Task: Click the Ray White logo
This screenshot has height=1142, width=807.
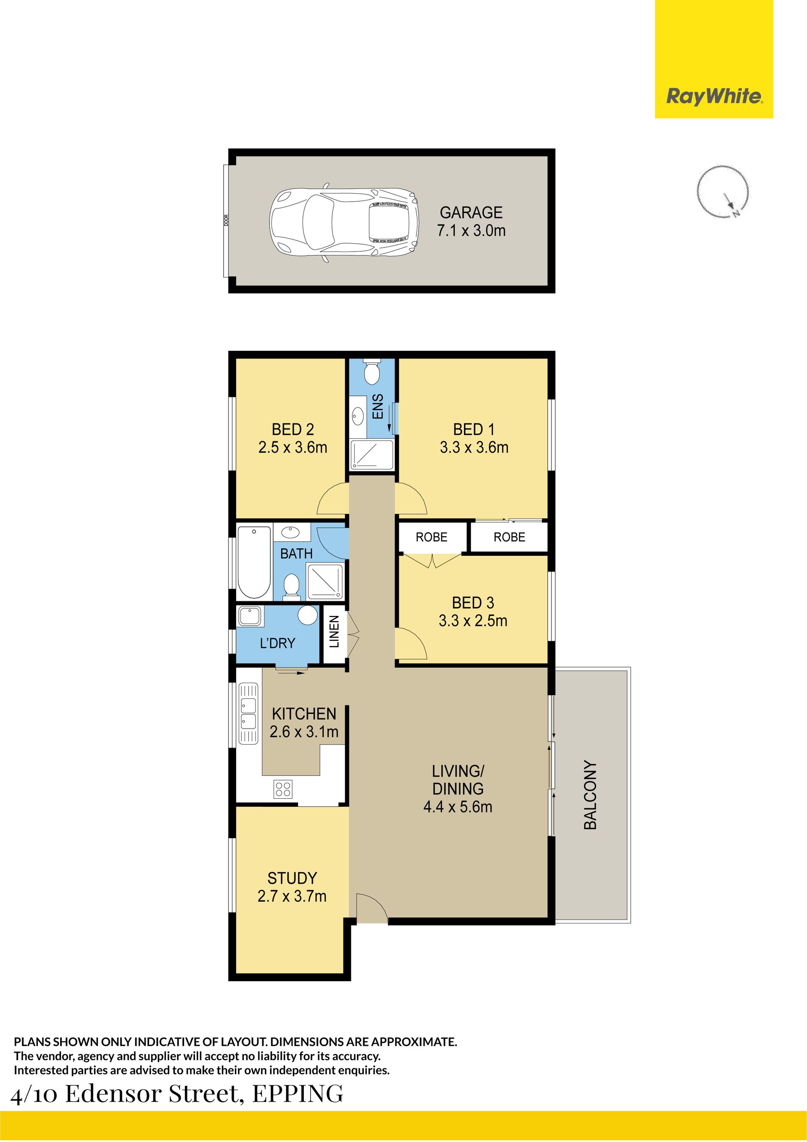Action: [x=713, y=96]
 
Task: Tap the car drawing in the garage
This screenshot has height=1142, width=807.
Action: [x=344, y=223]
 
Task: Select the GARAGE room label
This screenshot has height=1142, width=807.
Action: [x=471, y=212]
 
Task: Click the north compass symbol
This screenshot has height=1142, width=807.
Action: [x=723, y=192]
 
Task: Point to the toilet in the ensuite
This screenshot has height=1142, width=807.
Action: [x=371, y=371]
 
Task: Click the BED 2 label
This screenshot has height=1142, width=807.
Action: [x=293, y=429]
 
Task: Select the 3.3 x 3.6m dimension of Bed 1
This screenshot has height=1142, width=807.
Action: [x=474, y=447]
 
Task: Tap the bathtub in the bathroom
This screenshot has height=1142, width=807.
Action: [x=254, y=562]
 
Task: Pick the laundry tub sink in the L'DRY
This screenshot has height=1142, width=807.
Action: [x=250, y=616]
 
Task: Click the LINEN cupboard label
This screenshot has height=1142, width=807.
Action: [x=334, y=632]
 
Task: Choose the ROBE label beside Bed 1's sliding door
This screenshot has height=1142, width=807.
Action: [x=509, y=537]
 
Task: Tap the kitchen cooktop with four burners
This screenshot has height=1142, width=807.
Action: [x=282, y=789]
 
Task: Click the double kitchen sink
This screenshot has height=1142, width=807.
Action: [x=248, y=713]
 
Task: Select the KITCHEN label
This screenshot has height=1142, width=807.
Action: [x=303, y=714]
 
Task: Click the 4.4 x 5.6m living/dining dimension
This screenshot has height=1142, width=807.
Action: [x=458, y=806]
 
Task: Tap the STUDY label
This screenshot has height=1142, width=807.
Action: [x=292, y=878]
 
